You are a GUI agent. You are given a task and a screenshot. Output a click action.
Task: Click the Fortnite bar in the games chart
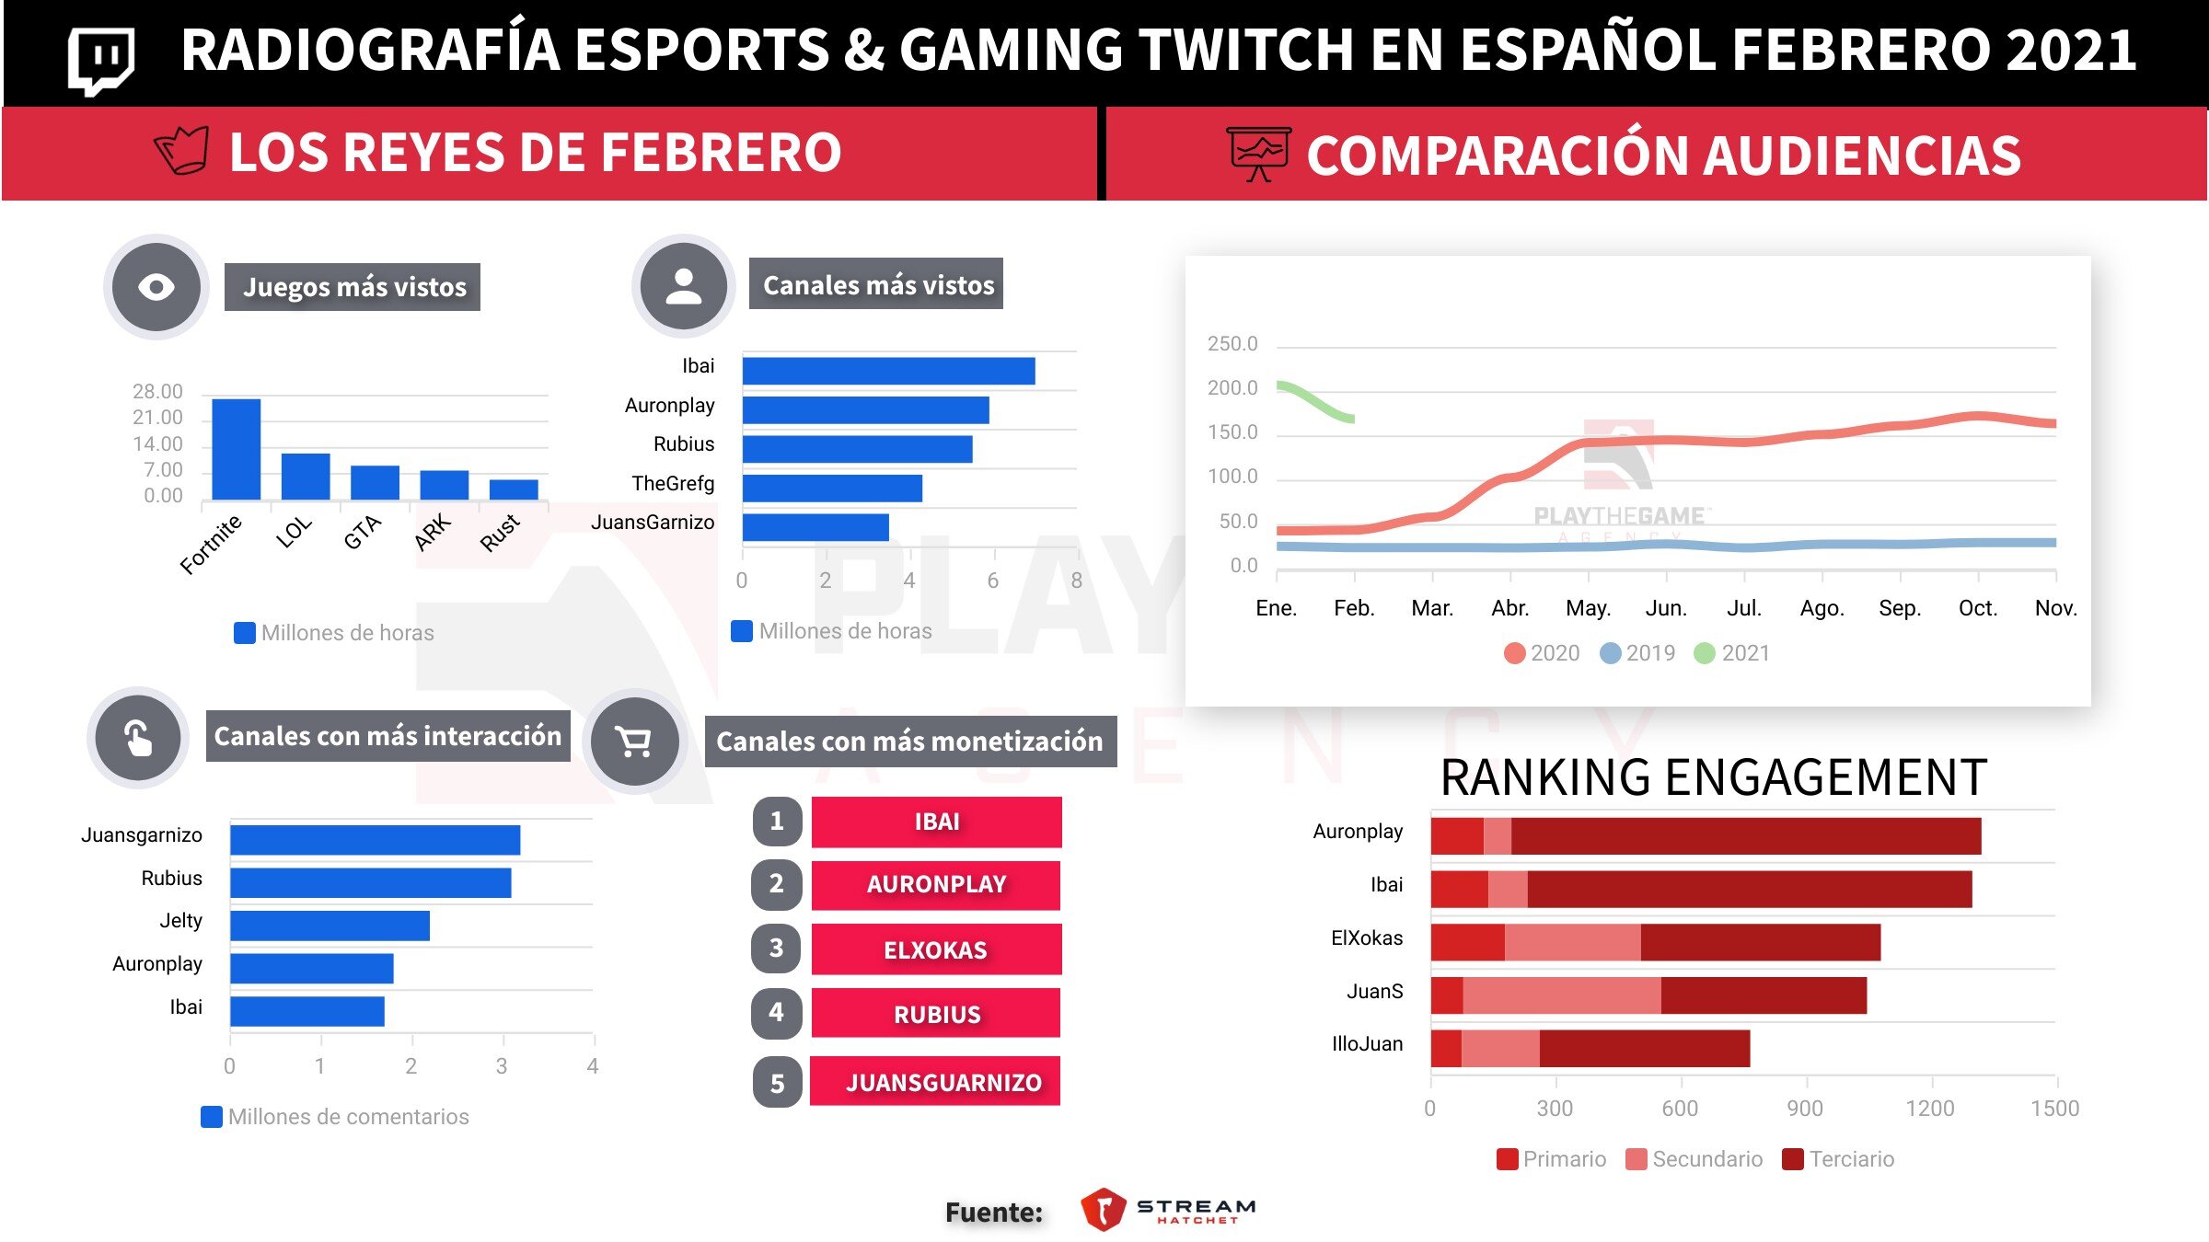pyautogui.click(x=236, y=449)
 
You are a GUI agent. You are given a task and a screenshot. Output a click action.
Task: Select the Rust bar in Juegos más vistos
pyautogui.click(x=514, y=489)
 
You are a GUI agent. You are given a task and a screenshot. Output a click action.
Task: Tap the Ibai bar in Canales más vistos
pyautogui.click(x=888, y=371)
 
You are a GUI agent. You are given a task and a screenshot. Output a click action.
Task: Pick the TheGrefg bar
pyautogui.click(x=832, y=488)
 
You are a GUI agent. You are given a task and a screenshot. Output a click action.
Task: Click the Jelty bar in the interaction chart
pyautogui.click(x=330, y=926)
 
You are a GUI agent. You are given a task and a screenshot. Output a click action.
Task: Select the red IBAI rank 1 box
pyautogui.click(x=936, y=822)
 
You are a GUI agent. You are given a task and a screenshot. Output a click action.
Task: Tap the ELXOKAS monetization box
pyautogui.click(x=936, y=949)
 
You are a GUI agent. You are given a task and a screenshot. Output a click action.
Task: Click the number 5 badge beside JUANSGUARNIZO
pyautogui.click(x=777, y=1083)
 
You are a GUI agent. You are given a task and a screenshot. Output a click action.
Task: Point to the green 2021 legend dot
pyautogui.click(x=1705, y=653)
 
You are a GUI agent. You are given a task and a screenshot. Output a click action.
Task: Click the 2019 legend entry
pyautogui.click(x=1638, y=653)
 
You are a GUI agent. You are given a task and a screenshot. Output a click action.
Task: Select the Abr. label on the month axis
pyautogui.click(x=1510, y=608)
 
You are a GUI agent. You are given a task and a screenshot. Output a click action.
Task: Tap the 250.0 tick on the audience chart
pyautogui.click(x=1232, y=344)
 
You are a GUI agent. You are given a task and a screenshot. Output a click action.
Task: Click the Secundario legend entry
pyautogui.click(x=1694, y=1159)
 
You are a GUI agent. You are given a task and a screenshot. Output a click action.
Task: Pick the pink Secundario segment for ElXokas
pyautogui.click(x=1572, y=942)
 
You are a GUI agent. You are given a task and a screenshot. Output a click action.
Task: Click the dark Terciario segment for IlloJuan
pyautogui.click(x=1644, y=1049)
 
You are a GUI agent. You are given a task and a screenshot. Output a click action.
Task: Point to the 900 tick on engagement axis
pyautogui.click(x=1805, y=1109)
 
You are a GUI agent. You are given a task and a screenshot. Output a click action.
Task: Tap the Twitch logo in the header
pyautogui.click(x=101, y=60)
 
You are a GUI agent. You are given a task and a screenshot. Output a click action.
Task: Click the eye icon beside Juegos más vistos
pyautogui.click(x=156, y=287)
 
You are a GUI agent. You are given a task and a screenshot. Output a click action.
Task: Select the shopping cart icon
pyautogui.click(x=634, y=741)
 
